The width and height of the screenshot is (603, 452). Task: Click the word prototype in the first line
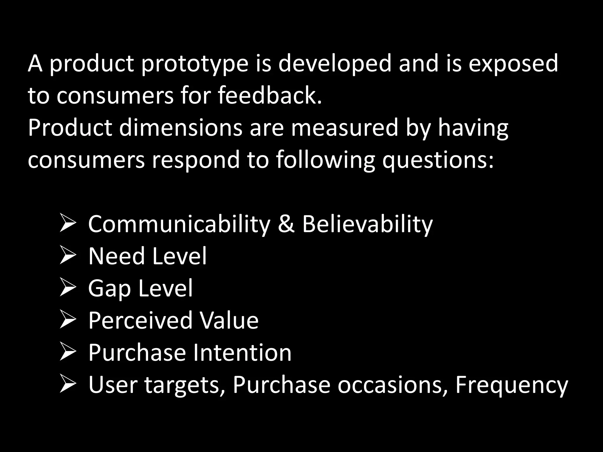coord(194,64)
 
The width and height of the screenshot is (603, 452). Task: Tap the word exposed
coord(513,64)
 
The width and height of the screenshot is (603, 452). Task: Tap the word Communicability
coord(179,224)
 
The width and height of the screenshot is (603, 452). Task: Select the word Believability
coord(367,224)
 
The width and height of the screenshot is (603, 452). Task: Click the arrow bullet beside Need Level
coord(68,255)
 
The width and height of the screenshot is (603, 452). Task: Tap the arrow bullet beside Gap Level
coord(68,288)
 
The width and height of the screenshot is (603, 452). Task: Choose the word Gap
coord(109,289)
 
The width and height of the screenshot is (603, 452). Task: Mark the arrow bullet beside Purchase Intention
coord(68,352)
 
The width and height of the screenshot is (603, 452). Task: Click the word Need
coord(117,256)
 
